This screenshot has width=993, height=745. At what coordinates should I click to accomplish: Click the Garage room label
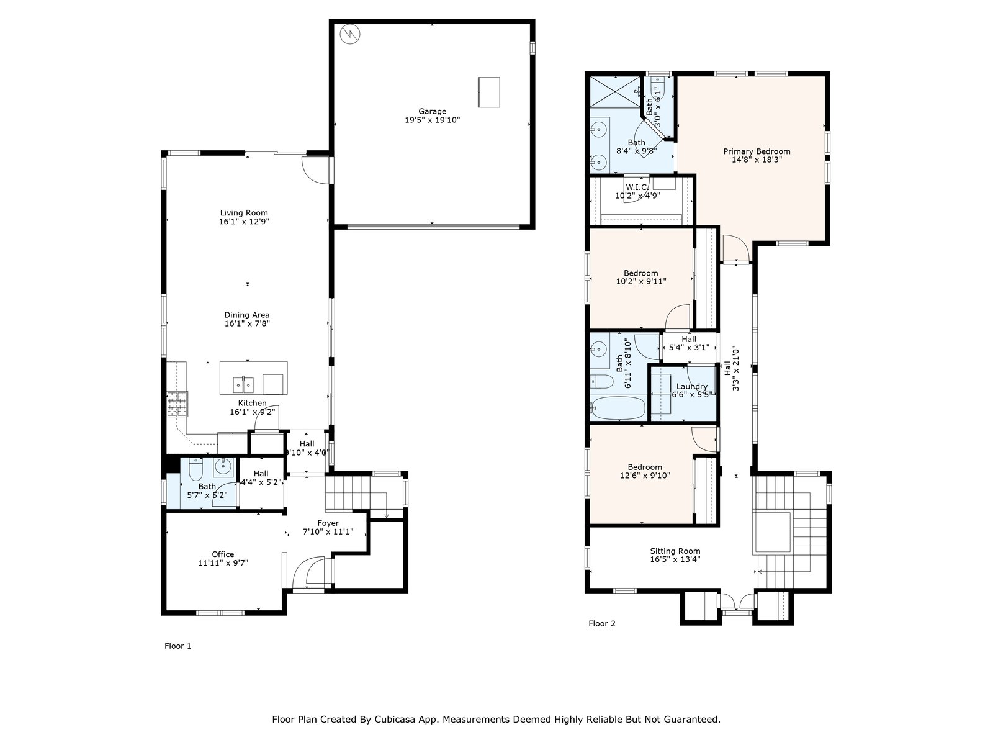point(432,111)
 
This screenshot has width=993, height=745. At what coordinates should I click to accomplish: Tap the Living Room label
point(244,212)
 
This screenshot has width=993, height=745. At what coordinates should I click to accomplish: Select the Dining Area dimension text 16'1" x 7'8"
point(247,323)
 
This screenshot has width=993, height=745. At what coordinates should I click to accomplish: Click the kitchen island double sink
point(243,385)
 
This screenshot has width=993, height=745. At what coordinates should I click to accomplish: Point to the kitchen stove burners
point(177,404)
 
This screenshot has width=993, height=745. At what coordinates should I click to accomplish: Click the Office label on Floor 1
point(223,554)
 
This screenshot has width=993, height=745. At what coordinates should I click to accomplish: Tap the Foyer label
point(328,523)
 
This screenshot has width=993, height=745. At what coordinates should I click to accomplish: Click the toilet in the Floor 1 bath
point(195,470)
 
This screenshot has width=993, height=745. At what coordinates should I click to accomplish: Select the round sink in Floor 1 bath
point(223,467)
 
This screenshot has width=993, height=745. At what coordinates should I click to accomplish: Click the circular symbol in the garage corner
point(350,34)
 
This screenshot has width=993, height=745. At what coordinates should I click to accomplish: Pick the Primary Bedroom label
point(757,151)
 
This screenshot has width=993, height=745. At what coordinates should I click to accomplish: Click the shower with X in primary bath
point(615,92)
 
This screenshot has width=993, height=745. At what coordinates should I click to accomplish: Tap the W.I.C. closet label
point(637,187)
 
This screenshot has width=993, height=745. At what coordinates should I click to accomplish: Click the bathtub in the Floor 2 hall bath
point(618,408)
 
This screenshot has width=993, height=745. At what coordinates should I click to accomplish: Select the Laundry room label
point(692,386)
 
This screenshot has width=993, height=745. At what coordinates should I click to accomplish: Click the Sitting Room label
point(675,551)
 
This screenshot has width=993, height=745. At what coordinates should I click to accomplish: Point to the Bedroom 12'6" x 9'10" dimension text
point(645,476)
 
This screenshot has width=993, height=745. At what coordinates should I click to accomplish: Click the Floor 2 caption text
point(601,623)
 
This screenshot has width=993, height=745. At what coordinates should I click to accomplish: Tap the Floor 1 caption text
point(177,646)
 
